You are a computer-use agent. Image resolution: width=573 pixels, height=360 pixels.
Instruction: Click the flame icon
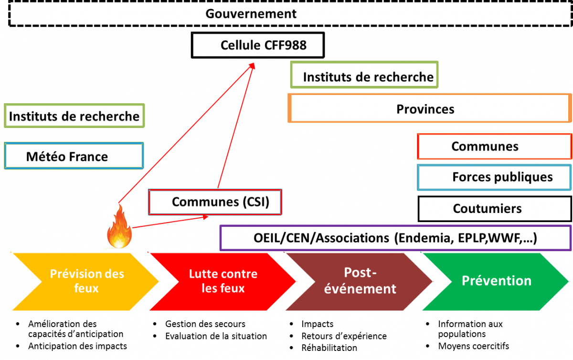[118, 227]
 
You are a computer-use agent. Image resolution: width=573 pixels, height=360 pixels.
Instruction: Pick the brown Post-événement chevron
[359, 281]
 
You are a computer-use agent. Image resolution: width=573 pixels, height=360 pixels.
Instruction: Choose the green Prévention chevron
[497, 281]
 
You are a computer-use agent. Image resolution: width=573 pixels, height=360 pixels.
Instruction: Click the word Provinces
[425, 109]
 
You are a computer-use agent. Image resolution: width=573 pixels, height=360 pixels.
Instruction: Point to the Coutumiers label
[487, 209]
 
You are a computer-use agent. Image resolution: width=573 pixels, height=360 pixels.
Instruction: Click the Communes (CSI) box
[215, 202]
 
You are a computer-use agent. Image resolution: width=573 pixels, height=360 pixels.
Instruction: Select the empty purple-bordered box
[395, 238]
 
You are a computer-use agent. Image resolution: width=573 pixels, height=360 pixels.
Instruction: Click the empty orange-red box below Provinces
[494, 146]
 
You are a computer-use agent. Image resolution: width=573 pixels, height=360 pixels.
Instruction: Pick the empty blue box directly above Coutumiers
[494, 177]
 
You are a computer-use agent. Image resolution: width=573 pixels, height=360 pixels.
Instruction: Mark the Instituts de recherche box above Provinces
[364, 75]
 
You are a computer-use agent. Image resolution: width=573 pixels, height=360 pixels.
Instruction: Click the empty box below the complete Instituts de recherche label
[74, 156]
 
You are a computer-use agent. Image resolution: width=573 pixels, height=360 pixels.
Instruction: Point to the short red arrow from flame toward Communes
[172, 222]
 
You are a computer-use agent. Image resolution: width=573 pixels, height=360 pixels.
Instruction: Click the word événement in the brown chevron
[360, 288]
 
